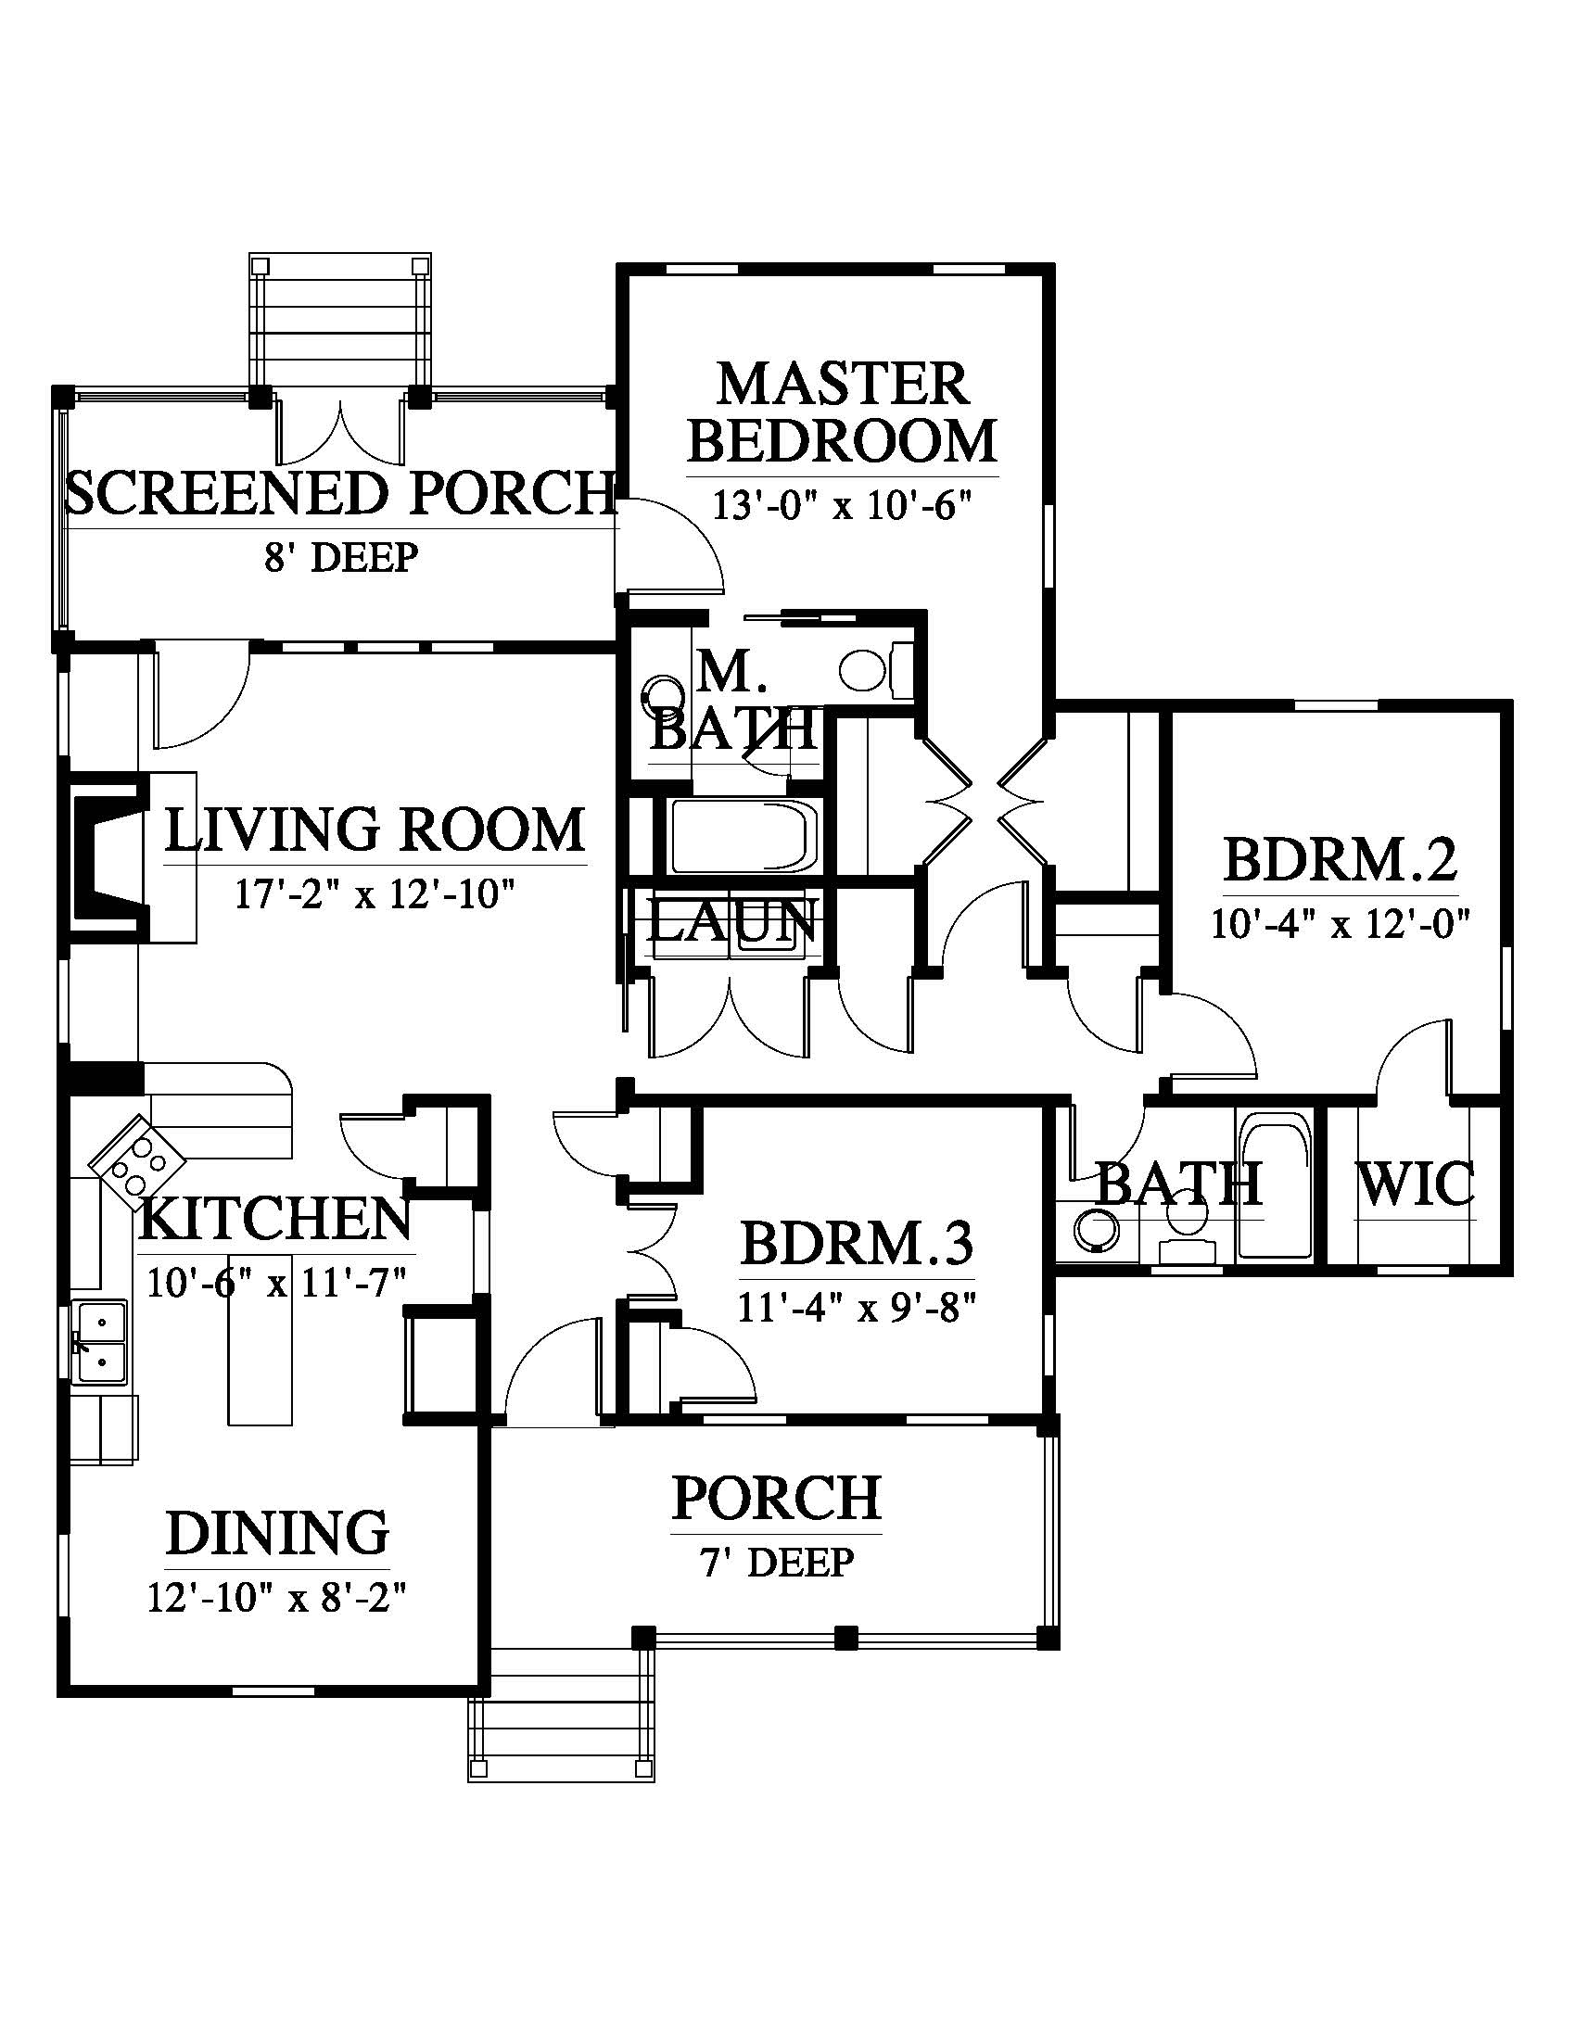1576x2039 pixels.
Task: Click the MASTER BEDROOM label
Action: pyautogui.click(x=842, y=412)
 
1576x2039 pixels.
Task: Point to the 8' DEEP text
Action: pyautogui.click(x=340, y=558)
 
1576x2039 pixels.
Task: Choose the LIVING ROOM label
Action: pyautogui.click(x=375, y=830)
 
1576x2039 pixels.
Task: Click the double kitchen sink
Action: pyautogui.click(x=100, y=1342)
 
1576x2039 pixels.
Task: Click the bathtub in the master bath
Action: pyautogui.click(x=744, y=836)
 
